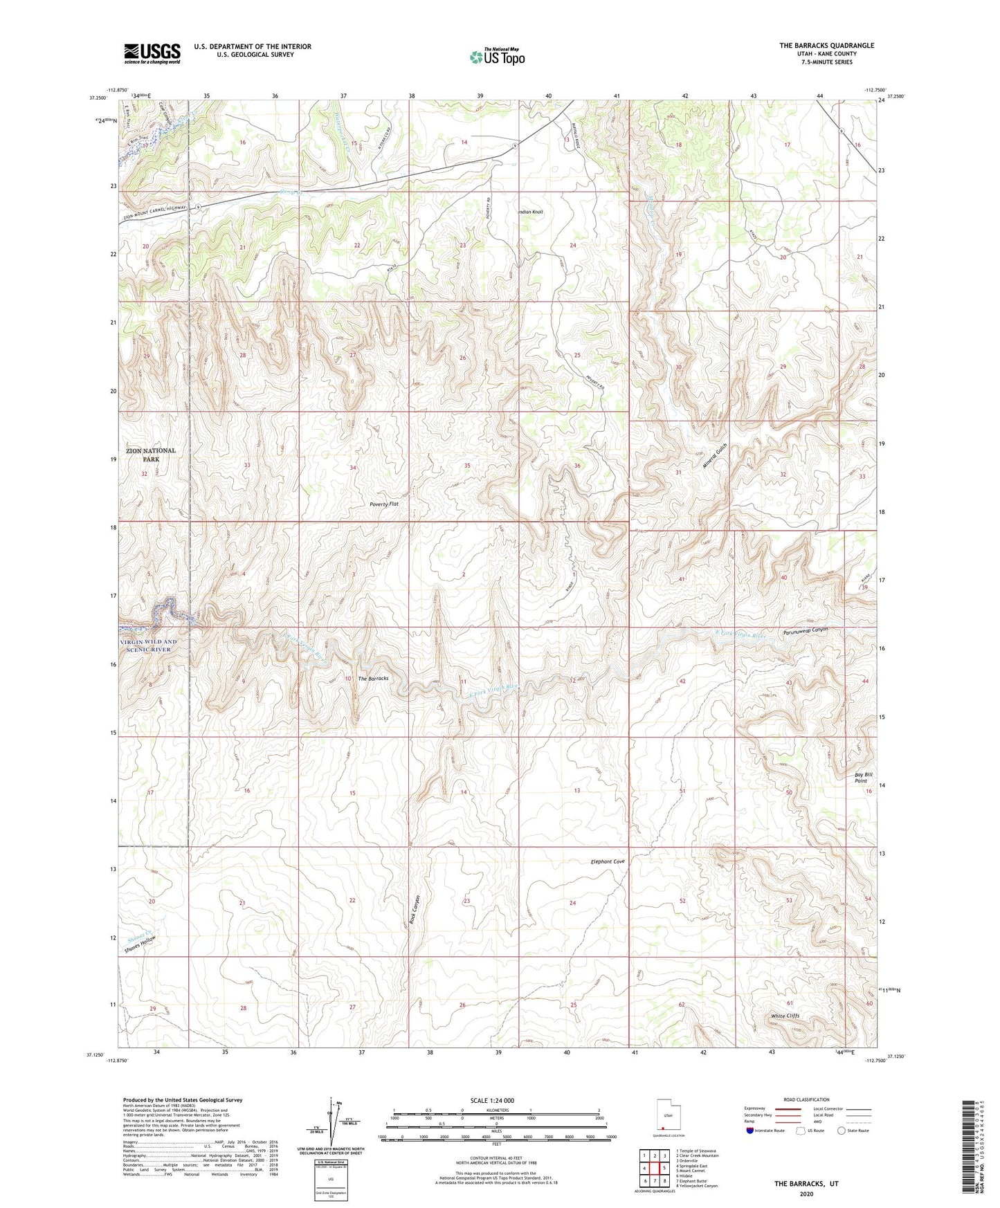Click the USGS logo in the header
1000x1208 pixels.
(x=152, y=53)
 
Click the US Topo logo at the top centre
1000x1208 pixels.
(x=497, y=57)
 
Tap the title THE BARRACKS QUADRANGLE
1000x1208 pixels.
(x=826, y=46)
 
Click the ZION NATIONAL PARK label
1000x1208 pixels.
(x=150, y=455)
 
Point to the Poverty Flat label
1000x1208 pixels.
(x=384, y=504)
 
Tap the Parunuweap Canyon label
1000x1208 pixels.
(x=806, y=631)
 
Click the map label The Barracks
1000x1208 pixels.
(x=373, y=678)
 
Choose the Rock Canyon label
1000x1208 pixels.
(x=417, y=913)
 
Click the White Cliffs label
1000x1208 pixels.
(x=785, y=1016)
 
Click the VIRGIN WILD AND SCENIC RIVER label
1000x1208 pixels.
(x=149, y=646)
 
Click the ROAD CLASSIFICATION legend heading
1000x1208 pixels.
(x=806, y=1099)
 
